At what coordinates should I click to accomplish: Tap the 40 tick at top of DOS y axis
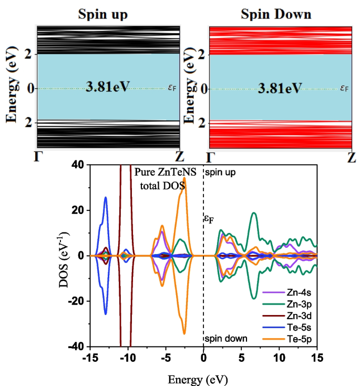[78, 165]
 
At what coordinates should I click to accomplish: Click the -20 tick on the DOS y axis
[76, 301]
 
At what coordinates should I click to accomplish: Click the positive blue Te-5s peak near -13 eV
[106, 198]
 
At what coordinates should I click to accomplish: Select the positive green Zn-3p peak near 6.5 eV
[254, 213]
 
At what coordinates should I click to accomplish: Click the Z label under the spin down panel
[352, 157]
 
